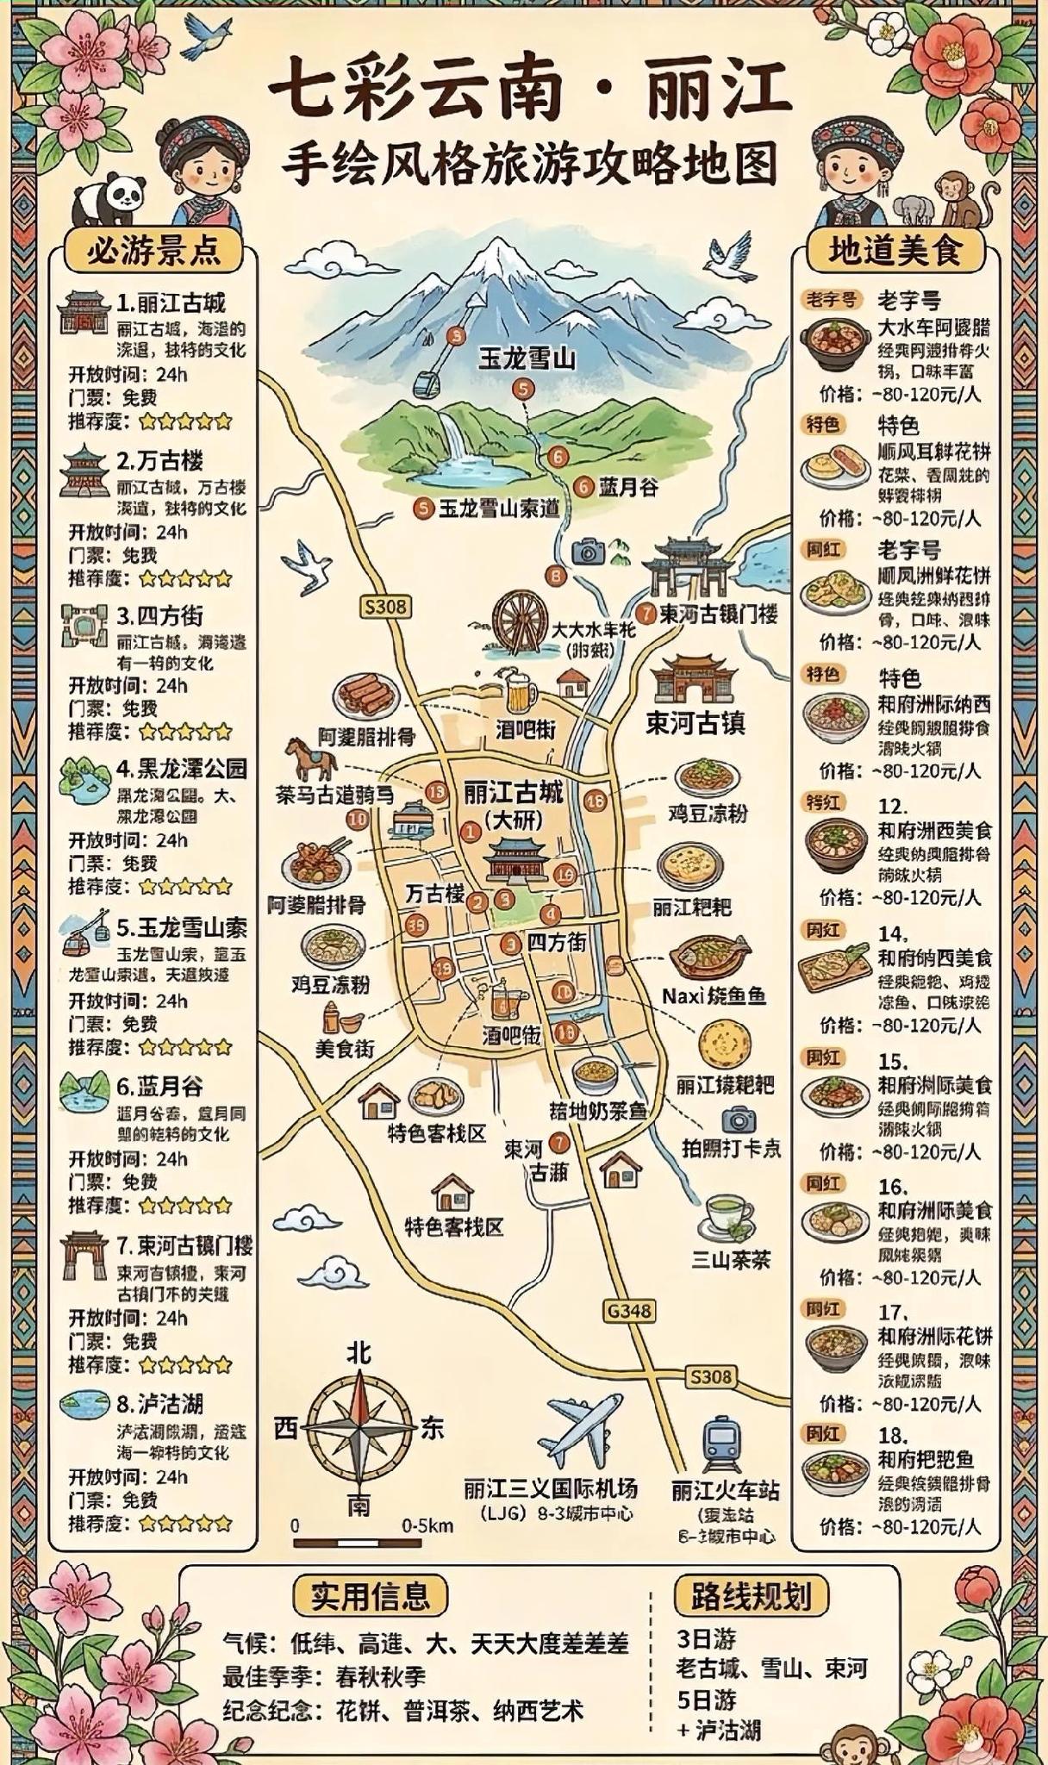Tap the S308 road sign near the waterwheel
(384, 607)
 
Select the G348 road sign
(629, 1311)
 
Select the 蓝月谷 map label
(628, 487)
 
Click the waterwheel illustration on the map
(521, 619)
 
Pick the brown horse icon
(311, 758)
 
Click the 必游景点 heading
(153, 251)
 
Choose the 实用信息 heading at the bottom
(370, 1596)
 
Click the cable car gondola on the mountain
(422, 382)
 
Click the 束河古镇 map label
(695, 722)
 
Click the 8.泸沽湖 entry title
(160, 1404)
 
